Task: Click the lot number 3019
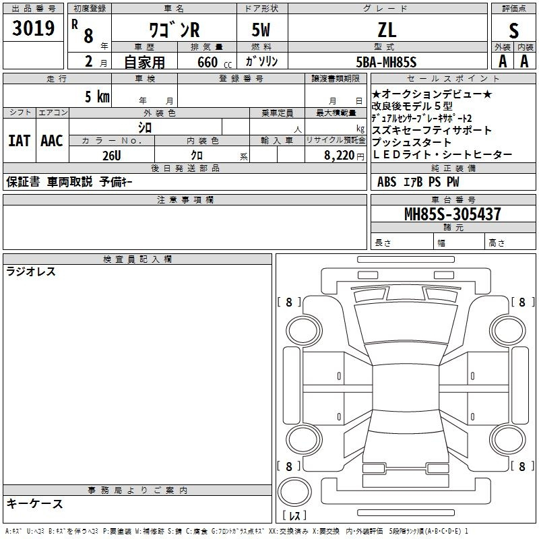pos(33,28)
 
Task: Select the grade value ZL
pos(387,30)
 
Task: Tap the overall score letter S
pos(513,30)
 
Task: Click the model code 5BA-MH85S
pos(386,62)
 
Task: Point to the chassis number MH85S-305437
pos(452,214)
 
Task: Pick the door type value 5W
pos(261,30)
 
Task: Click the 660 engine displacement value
pos(208,62)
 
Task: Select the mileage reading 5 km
pos(97,96)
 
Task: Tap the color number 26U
pos(112,156)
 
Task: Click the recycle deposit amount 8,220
pos(339,156)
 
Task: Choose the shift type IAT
pos(20,141)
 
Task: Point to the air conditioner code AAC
pos(52,141)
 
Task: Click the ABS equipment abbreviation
pos(387,182)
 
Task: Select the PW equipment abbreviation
pos(453,182)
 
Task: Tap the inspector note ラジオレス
pos(31,272)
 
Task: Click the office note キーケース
pos(35,503)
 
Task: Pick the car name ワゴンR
pos(175,30)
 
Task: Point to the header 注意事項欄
pos(185,199)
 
